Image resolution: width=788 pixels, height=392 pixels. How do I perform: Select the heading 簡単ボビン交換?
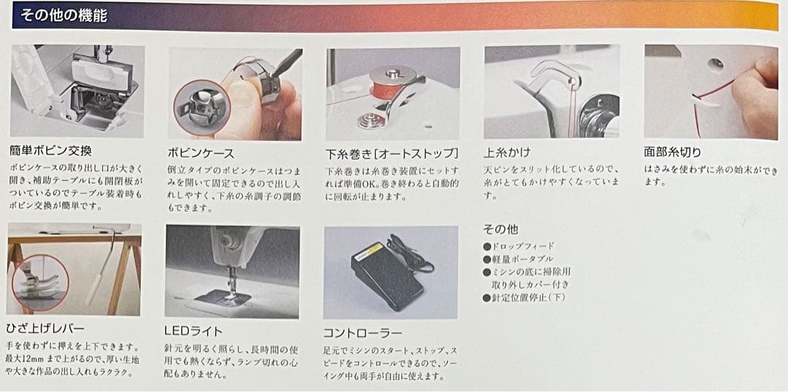click(51, 152)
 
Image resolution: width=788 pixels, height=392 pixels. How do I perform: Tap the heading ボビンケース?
click(201, 153)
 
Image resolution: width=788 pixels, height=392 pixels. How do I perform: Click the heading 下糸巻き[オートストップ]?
click(393, 154)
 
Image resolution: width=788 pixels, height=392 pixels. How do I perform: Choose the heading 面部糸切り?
click(672, 153)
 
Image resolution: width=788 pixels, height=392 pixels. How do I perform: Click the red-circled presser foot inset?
click(40, 282)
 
